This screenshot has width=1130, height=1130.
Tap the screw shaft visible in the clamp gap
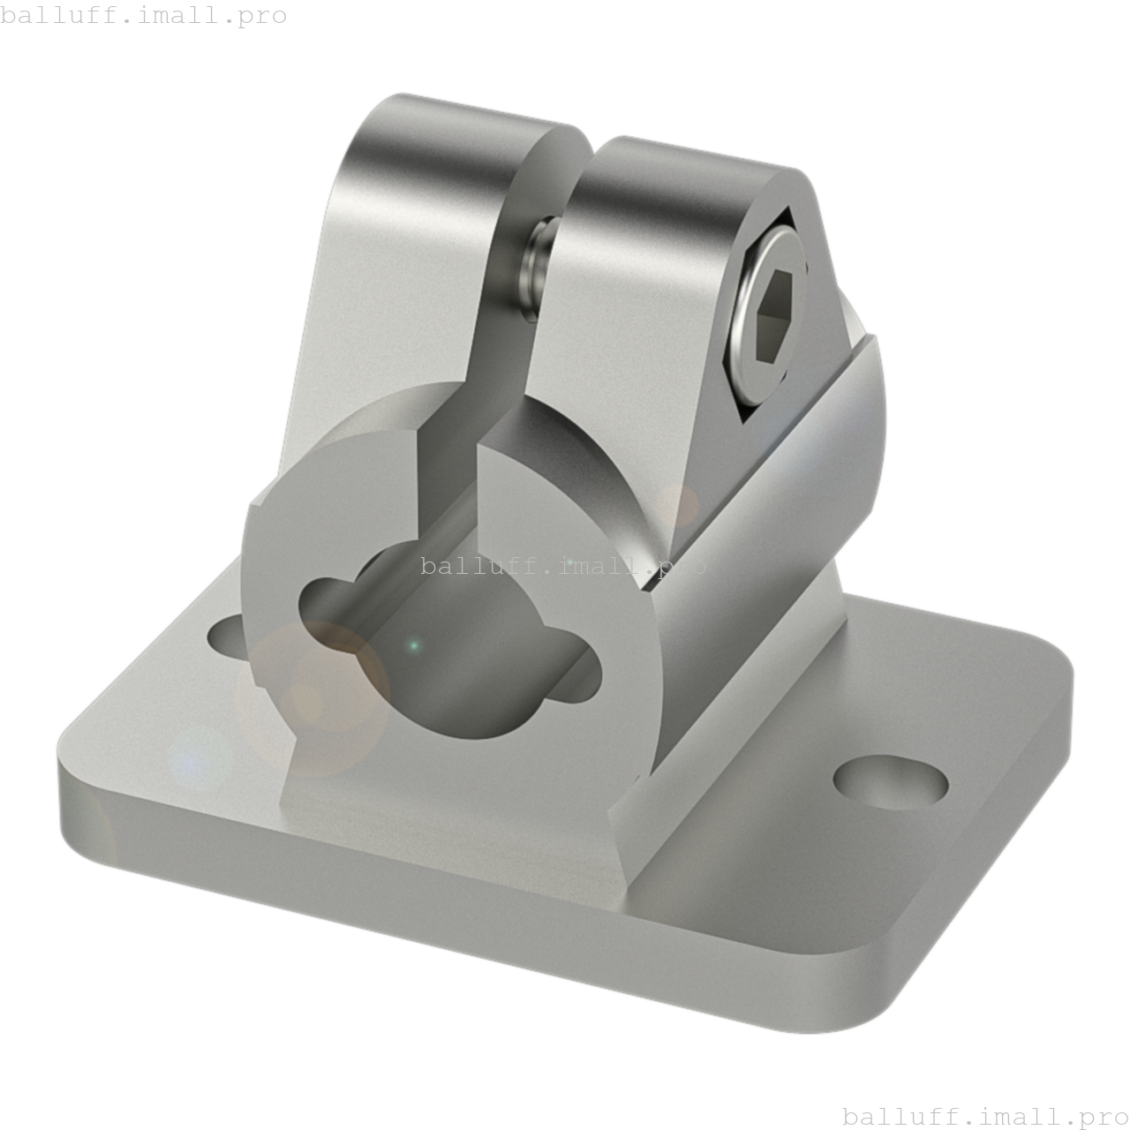click(x=538, y=265)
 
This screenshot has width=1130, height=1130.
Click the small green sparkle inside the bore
click(x=413, y=647)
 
